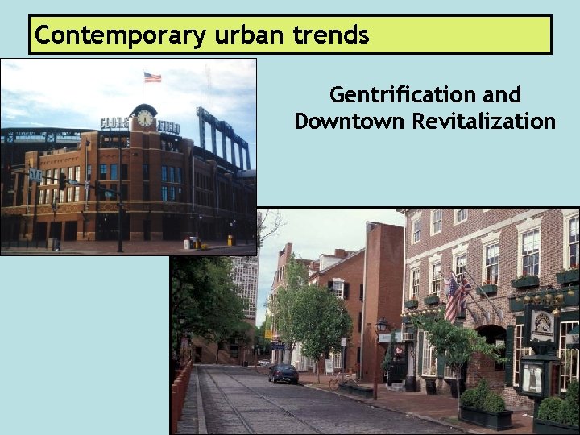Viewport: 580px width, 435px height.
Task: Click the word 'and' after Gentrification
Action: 503,95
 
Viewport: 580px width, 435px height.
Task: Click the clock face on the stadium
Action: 145,118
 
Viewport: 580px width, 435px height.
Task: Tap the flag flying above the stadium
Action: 152,77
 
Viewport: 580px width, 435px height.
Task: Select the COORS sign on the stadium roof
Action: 115,123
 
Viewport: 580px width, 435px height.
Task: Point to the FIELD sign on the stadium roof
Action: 169,126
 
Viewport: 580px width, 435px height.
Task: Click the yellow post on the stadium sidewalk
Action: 230,239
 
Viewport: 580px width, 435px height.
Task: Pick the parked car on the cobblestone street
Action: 283,372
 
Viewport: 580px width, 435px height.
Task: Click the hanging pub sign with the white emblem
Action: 542,324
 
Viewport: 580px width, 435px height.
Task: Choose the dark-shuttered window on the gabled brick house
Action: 338,289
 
